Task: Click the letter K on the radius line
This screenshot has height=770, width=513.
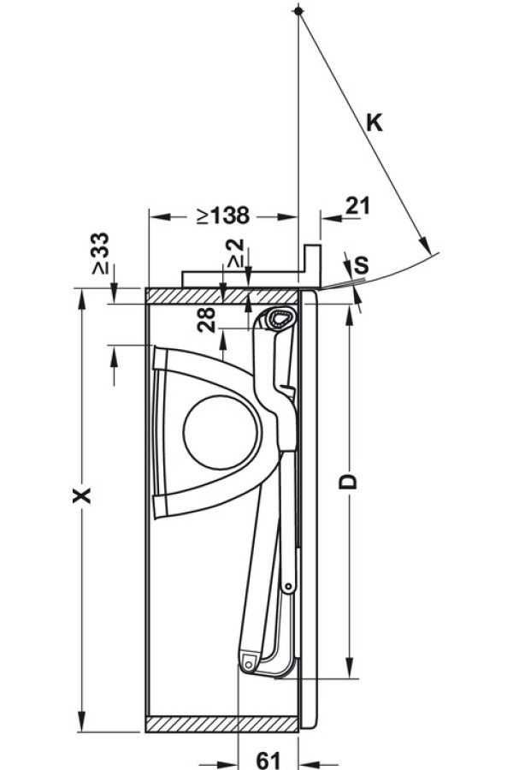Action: point(374,123)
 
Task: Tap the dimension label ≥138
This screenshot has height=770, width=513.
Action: point(221,214)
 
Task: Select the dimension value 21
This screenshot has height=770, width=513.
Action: point(358,205)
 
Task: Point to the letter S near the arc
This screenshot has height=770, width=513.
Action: point(361,266)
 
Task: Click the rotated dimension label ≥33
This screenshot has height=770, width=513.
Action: point(101,254)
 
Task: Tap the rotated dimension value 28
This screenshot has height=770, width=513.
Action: point(204,321)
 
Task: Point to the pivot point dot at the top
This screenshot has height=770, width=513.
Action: point(297,10)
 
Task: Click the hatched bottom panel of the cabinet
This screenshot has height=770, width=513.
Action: point(223,724)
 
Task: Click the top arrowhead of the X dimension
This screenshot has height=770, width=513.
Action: point(83,297)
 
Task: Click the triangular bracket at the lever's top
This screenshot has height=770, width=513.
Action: point(277,320)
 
